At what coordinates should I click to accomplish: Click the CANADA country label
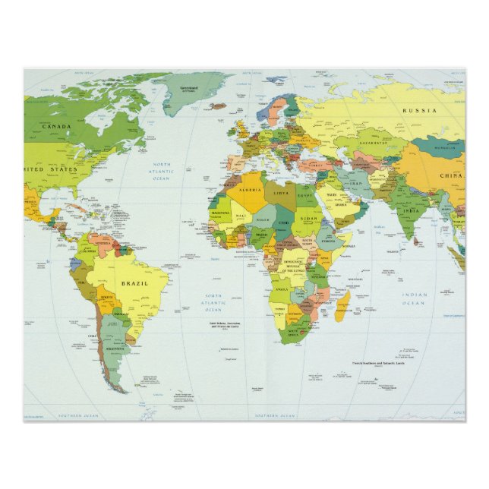pyautogui.click(x=56, y=127)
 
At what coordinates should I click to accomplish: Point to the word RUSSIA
pyautogui.click(x=419, y=110)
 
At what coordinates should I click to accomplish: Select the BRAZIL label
pyautogui.click(x=134, y=283)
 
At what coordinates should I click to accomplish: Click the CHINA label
pyautogui.click(x=450, y=176)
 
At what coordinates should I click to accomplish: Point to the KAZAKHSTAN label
pyautogui.click(x=374, y=143)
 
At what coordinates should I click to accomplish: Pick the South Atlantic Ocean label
pyautogui.click(x=213, y=302)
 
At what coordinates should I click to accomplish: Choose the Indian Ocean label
pyautogui.click(x=415, y=298)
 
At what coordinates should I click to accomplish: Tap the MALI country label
pyautogui.click(x=241, y=216)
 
